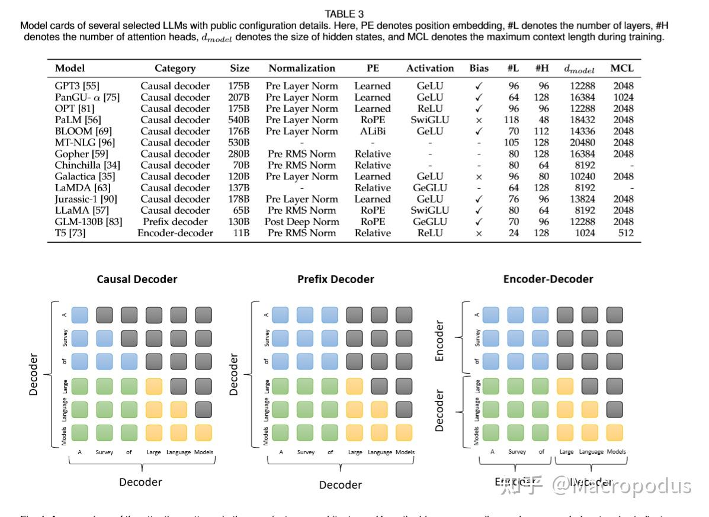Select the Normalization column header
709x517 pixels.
click(x=301, y=68)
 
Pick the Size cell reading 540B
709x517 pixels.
click(x=239, y=120)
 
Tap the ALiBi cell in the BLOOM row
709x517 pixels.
click(x=372, y=131)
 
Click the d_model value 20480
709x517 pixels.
click(x=578, y=142)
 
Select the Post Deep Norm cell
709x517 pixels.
click(x=301, y=221)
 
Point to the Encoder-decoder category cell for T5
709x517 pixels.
click(x=175, y=233)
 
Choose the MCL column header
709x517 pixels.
click(x=622, y=68)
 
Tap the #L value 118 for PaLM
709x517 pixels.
click(x=513, y=120)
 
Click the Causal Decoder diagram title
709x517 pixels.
click(x=137, y=279)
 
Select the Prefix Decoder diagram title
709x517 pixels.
click(x=335, y=279)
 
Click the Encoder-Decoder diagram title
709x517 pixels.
click(x=547, y=278)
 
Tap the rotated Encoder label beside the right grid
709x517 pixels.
click(x=439, y=341)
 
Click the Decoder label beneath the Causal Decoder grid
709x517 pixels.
click(x=140, y=482)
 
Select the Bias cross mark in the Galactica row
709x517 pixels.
click(x=479, y=176)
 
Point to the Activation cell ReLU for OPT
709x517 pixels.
click(x=429, y=108)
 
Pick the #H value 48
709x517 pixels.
click(x=543, y=120)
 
